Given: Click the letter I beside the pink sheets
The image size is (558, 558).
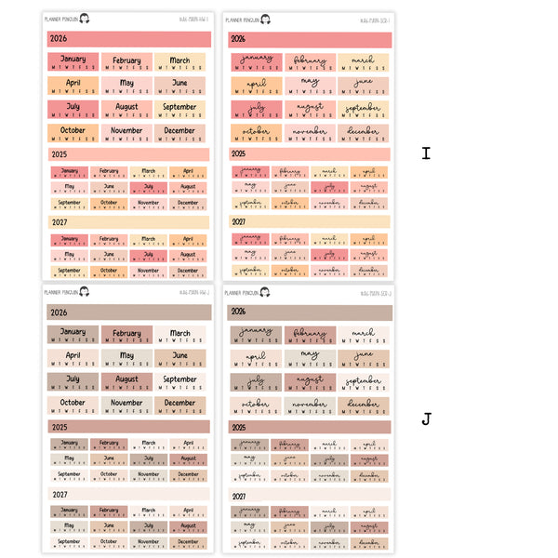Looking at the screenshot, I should tap(426, 153).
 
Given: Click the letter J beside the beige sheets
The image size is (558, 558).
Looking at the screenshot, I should tap(426, 419).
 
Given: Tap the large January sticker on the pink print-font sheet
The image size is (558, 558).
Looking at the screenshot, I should tap(73, 62).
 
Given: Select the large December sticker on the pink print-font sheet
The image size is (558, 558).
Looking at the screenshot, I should tap(180, 134).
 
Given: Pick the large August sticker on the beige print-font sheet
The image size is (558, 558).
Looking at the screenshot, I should tap(126, 382).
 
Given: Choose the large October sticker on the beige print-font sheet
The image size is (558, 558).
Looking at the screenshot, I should tap(73, 406).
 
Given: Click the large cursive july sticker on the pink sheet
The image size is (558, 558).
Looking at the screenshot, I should tap(256, 110).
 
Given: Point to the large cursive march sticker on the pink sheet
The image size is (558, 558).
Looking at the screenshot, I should tap(364, 62).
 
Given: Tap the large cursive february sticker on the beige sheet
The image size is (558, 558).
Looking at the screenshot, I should tap(310, 335).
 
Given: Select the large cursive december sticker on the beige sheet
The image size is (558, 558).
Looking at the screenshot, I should tap(364, 406).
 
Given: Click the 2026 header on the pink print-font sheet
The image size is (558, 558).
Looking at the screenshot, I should tap(128, 39).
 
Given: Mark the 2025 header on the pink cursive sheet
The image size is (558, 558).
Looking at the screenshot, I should tap(312, 153).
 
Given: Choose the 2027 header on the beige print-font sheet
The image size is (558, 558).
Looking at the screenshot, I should tap(128, 495).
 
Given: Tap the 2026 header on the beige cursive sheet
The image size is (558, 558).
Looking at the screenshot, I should tap(312, 312).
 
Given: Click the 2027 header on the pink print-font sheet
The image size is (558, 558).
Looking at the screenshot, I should tap(128, 222).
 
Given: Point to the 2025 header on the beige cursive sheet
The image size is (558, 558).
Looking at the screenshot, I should tap(312, 427).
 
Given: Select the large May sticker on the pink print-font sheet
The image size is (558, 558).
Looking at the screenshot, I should tap(126, 86).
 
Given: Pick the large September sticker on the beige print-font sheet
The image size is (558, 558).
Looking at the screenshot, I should tap(180, 382).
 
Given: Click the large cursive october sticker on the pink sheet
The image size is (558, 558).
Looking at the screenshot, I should tap(256, 134).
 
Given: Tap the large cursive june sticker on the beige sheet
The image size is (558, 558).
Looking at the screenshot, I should tap(364, 359).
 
